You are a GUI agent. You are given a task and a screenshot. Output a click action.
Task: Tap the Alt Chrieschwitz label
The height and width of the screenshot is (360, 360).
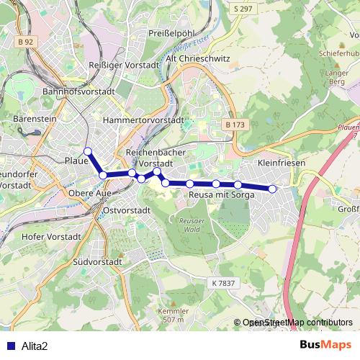coord(196,58)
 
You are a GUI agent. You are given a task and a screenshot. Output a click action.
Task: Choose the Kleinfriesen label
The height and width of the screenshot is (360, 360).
coord(282,163)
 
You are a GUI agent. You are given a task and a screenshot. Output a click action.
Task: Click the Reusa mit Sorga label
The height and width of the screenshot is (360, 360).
coord(219,194)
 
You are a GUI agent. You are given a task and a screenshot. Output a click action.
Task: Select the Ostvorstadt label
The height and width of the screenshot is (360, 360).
coord(127,210)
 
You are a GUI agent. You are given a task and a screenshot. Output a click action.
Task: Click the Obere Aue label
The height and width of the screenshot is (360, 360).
coord(90,193)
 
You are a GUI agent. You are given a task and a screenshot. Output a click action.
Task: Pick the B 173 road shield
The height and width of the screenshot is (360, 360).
coord(235,125)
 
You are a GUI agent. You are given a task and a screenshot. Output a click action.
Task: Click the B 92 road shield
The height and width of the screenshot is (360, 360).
coord(25,42)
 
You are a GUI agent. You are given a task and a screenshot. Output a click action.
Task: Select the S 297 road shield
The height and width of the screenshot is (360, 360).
coord(243,9)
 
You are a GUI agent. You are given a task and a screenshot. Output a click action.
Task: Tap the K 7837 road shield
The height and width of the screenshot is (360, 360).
coord(224,283)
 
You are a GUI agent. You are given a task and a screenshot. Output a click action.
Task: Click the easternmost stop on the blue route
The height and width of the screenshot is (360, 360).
coord(273,189)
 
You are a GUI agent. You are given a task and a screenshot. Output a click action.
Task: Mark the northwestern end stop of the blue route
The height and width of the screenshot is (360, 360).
coord(88,151)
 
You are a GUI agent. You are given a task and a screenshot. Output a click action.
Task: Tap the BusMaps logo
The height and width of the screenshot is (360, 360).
coord(325,345)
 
